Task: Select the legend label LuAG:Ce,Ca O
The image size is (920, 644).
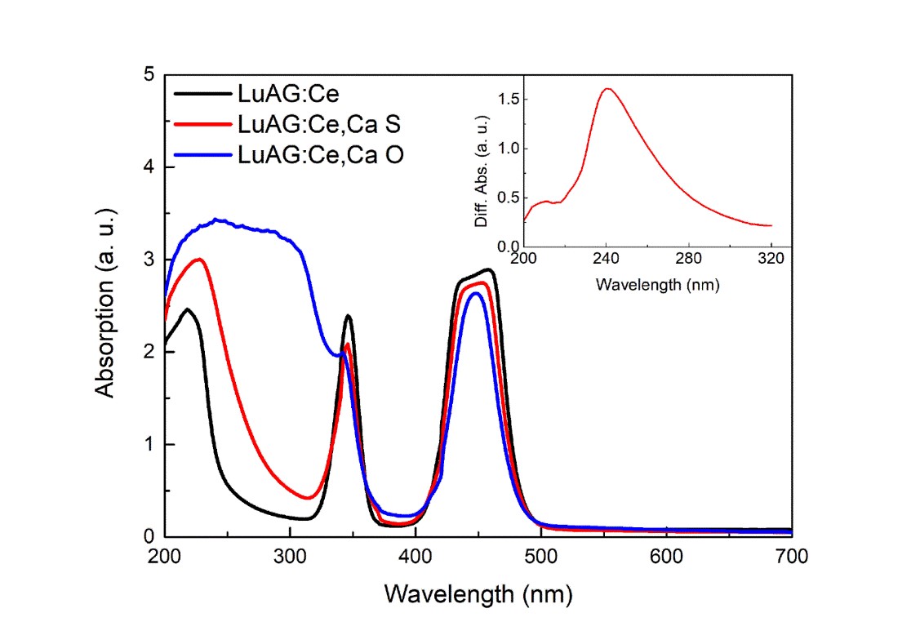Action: tap(318, 154)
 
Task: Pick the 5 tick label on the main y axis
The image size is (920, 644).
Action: tap(149, 74)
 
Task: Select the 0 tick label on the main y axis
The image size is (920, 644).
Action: tap(149, 537)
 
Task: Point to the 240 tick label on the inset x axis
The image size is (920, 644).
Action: tap(606, 263)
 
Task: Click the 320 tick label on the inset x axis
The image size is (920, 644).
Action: tap(771, 263)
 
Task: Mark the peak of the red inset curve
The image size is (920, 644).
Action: tap(607, 89)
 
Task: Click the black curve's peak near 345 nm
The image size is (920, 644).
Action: tap(349, 315)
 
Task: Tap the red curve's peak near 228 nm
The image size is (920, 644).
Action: tap(198, 259)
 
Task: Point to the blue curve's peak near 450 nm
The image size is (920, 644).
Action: tap(476, 292)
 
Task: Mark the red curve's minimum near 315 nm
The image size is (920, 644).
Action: tap(308, 498)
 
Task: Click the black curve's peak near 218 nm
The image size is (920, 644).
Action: tap(188, 309)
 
